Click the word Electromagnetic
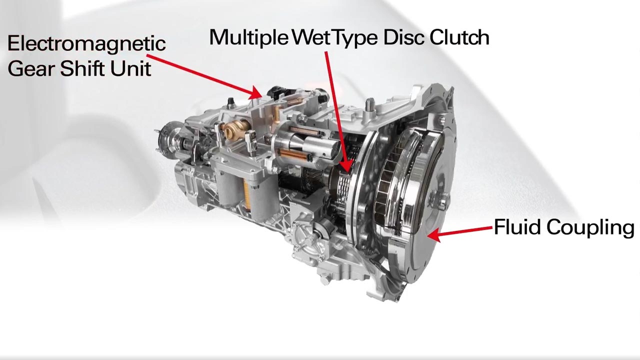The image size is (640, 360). [x=86, y=43]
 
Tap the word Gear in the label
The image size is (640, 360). [x=31, y=68]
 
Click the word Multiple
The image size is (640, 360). [x=249, y=37]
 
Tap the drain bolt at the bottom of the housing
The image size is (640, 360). [x=325, y=280]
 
